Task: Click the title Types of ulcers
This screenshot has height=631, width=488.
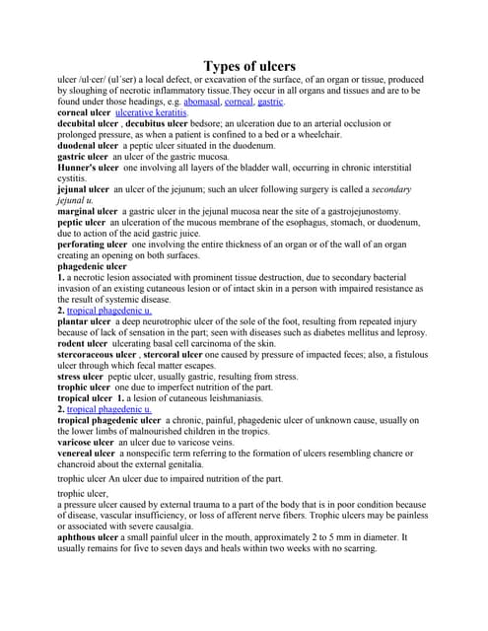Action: pyautogui.click(x=248, y=66)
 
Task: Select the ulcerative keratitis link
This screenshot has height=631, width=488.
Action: pyautogui.click(x=151, y=113)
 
